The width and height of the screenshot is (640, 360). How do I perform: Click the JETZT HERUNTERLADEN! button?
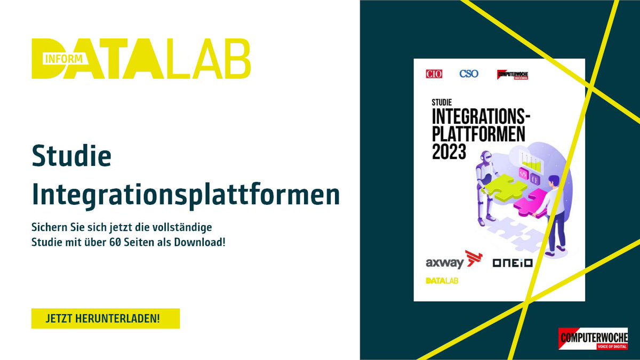point(105,318)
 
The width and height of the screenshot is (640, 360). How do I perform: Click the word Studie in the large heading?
point(71,157)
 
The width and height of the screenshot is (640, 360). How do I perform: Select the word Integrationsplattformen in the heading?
point(186,195)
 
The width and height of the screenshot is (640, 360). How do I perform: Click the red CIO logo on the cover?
point(434,74)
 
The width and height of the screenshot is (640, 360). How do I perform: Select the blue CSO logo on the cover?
point(469,74)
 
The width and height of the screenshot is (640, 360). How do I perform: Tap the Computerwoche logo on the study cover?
point(512,75)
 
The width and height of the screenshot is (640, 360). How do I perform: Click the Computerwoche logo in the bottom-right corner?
point(593,339)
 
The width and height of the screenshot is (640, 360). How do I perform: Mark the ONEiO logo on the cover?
point(513,263)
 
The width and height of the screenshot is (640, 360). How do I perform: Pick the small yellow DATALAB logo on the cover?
point(442,281)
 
